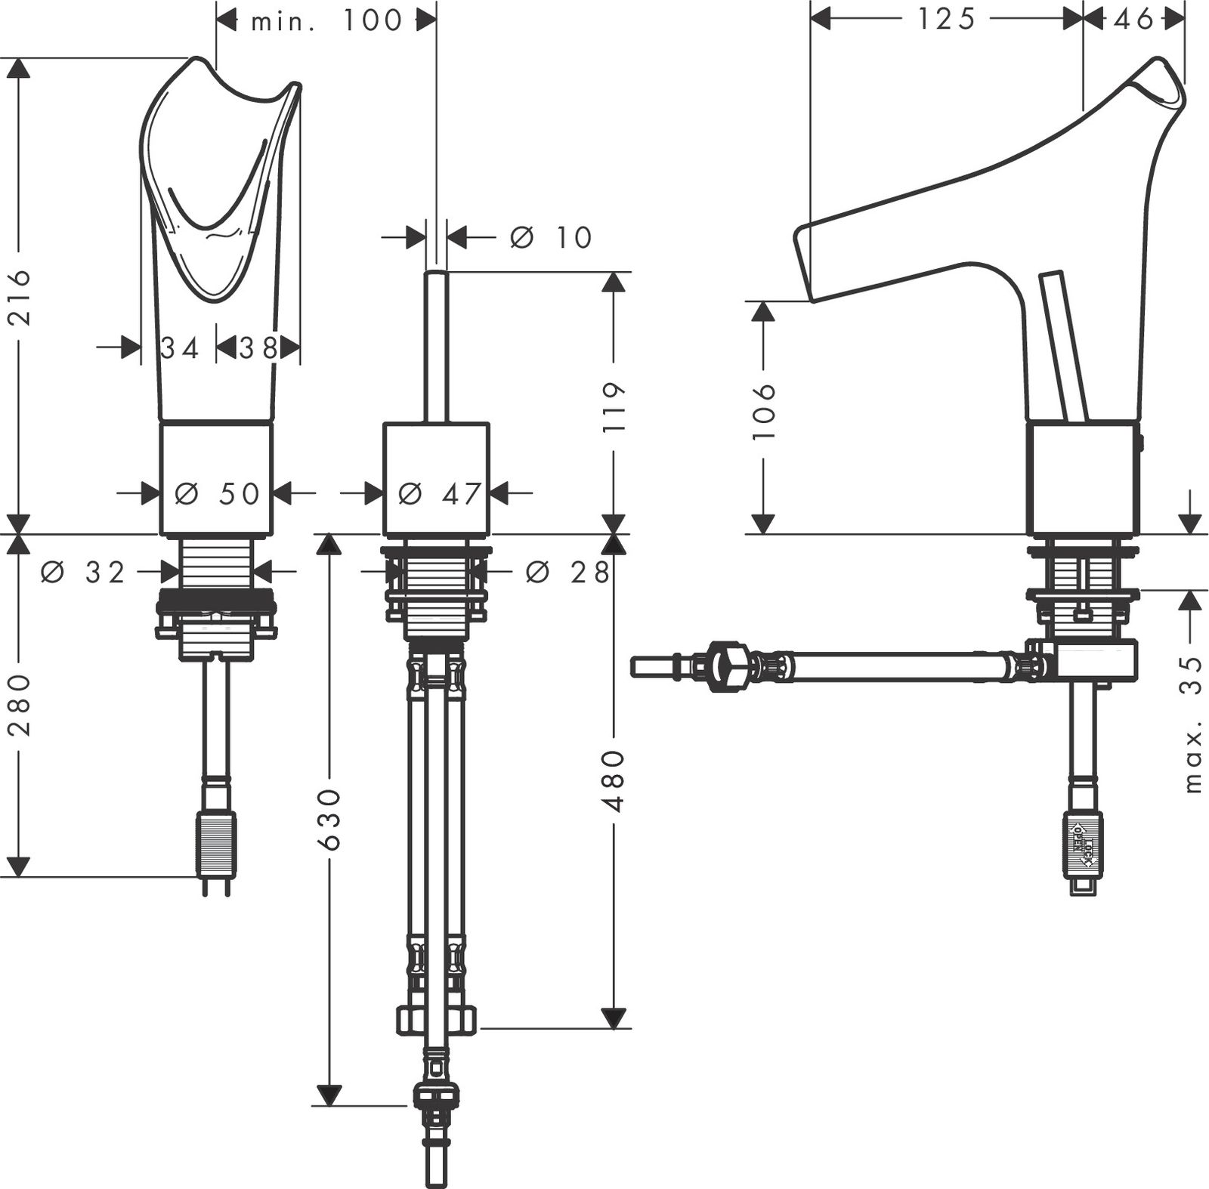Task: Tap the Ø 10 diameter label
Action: (x=551, y=237)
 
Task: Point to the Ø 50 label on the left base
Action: (x=217, y=493)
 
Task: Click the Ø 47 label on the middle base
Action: (x=439, y=493)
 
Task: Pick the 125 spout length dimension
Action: (x=946, y=20)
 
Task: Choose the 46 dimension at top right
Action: (x=1134, y=20)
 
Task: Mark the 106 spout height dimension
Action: (x=764, y=412)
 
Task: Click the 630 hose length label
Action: (x=329, y=820)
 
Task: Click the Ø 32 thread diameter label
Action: (x=83, y=573)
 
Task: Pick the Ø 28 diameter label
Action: (x=567, y=573)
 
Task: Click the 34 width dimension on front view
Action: (x=180, y=348)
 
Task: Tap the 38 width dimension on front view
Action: (x=258, y=348)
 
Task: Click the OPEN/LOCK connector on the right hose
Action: (x=1082, y=842)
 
